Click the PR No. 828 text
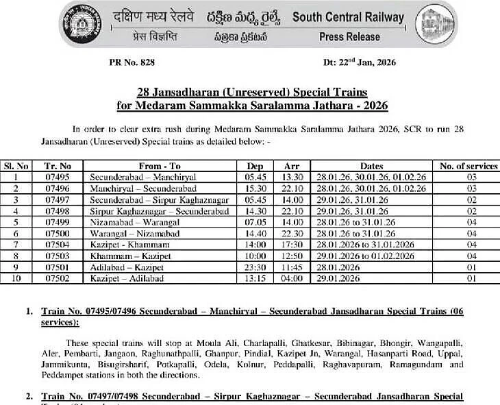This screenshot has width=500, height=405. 132,62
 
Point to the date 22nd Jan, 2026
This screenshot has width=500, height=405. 360,62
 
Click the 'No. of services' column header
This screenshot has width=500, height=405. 468,166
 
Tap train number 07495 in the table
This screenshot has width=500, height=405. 58,177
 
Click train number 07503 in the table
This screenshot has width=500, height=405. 58,256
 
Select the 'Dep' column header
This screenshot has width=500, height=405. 254,166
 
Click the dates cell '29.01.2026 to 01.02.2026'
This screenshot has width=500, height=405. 365,256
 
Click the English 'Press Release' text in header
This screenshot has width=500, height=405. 349,36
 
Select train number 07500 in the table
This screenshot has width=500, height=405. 58,234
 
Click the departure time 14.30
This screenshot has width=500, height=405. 254,211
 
